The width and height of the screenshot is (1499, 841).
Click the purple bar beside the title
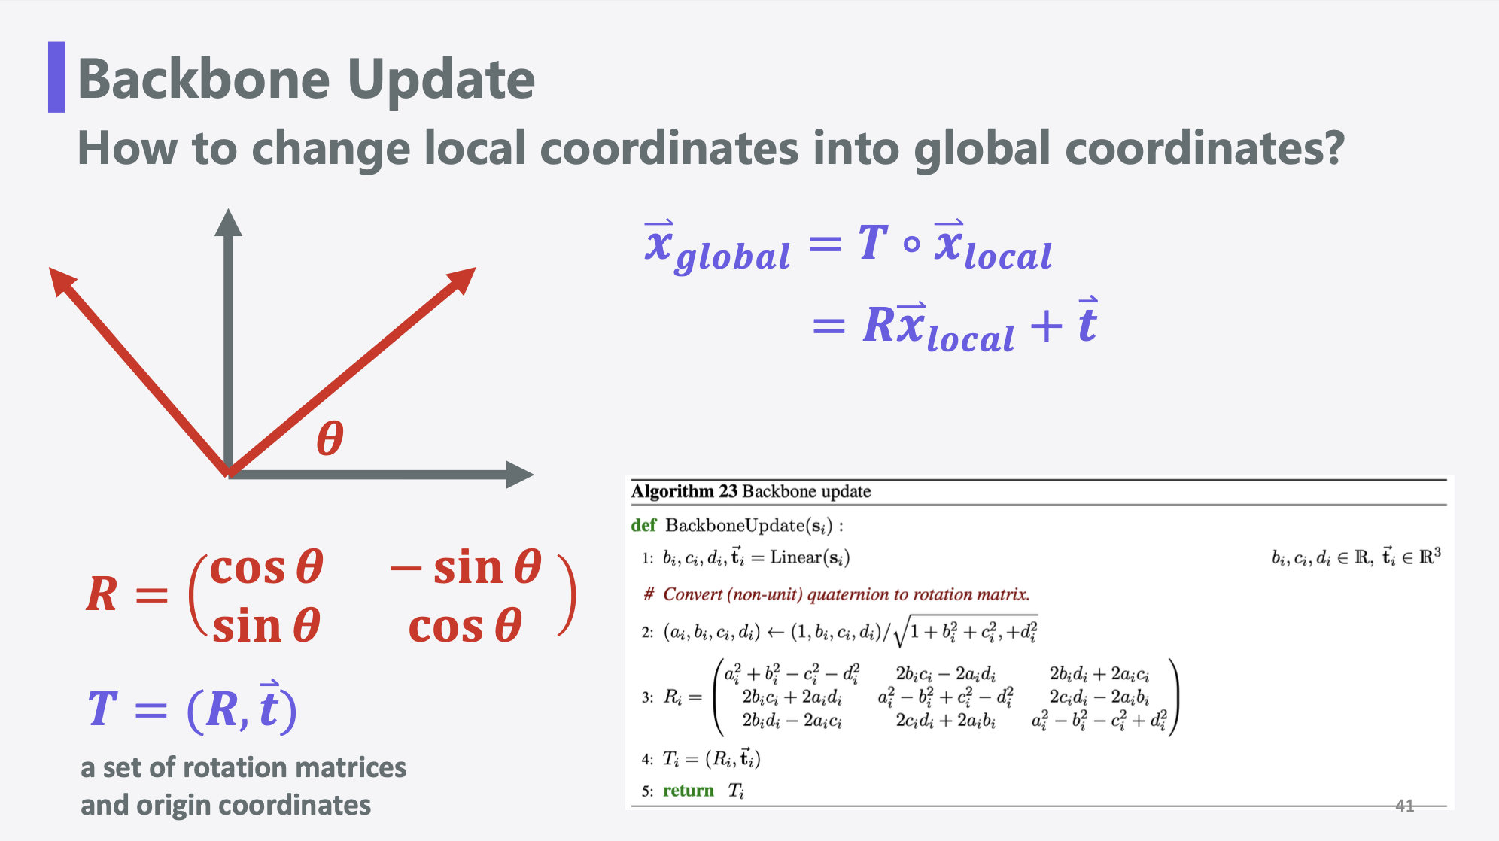(56, 77)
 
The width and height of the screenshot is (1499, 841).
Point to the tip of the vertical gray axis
(228, 210)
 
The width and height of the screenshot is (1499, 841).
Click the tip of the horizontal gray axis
(534, 475)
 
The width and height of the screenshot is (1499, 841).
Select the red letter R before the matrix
(102, 594)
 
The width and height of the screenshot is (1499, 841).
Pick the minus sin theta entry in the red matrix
(466, 567)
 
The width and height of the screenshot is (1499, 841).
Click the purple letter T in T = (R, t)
(102, 709)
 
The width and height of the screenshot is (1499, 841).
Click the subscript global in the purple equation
(733, 257)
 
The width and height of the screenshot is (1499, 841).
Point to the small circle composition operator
(911, 244)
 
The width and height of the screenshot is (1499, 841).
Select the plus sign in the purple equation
(1046, 326)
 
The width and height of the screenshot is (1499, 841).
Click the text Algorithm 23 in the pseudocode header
(684, 491)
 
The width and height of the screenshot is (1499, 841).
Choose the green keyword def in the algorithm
(643, 525)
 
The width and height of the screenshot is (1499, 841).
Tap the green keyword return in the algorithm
(689, 791)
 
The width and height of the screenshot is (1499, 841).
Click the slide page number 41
(1405, 806)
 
